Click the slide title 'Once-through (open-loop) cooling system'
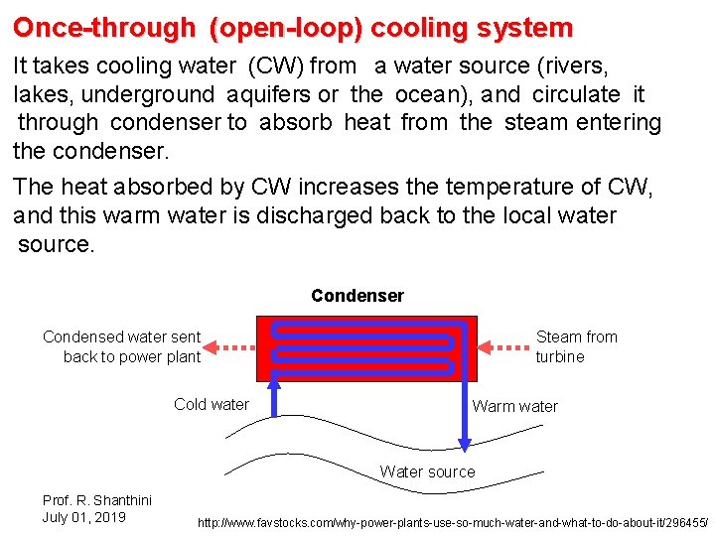click(x=293, y=28)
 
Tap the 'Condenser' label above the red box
click(x=357, y=296)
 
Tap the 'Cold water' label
click(x=212, y=404)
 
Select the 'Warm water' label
click(x=515, y=406)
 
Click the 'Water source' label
click(x=427, y=471)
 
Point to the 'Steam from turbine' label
click(x=576, y=346)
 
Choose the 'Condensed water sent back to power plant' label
click(x=122, y=346)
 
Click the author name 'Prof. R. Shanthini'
click(x=96, y=500)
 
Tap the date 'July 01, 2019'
click(x=84, y=517)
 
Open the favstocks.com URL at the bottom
click(x=453, y=522)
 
